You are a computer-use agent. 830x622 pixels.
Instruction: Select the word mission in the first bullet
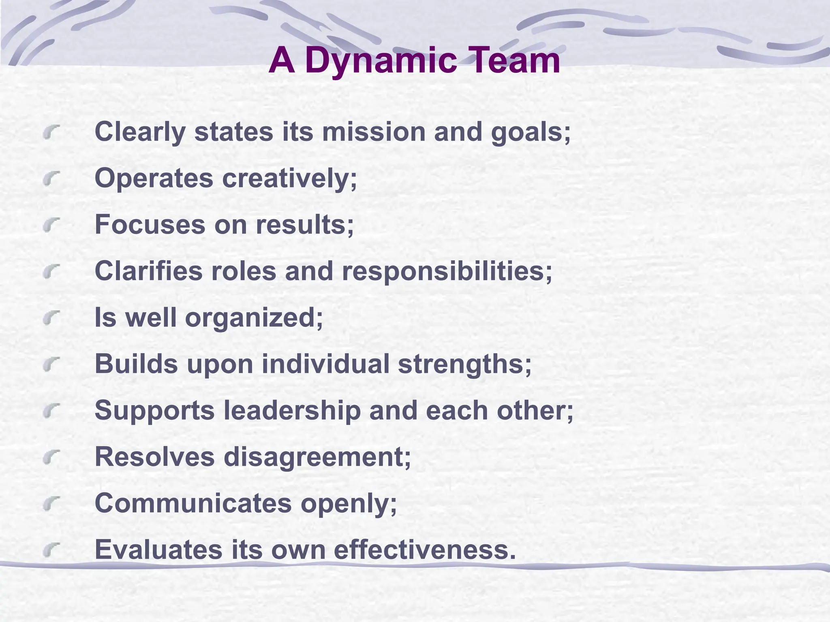(373, 132)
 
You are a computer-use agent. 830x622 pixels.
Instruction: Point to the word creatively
(289, 178)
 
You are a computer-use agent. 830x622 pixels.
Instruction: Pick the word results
(304, 225)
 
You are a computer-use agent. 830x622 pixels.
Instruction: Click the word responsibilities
(447, 271)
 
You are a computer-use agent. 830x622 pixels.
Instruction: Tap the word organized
(254, 318)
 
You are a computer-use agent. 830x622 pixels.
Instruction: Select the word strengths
(464, 364)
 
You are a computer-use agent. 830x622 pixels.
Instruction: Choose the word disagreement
(317, 457)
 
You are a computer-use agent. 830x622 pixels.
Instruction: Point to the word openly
(349, 503)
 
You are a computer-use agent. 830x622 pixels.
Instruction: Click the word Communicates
(193, 503)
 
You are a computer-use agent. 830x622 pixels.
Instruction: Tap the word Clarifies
(148, 271)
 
